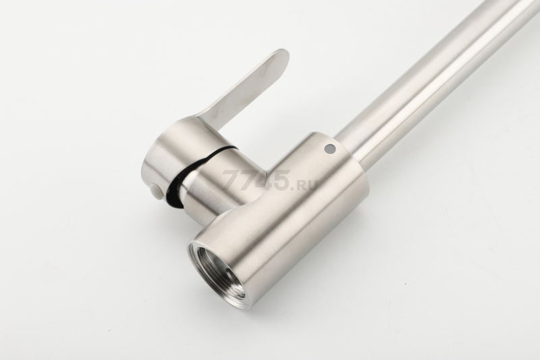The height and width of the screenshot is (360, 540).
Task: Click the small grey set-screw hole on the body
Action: pyautogui.click(x=329, y=148)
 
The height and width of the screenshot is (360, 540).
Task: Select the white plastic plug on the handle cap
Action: pyautogui.click(x=155, y=190)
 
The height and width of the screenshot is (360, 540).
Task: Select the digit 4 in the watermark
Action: pyautogui.click(x=262, y=180)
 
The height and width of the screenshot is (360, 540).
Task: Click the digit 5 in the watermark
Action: pyautogui.click(x=280, y=180)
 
